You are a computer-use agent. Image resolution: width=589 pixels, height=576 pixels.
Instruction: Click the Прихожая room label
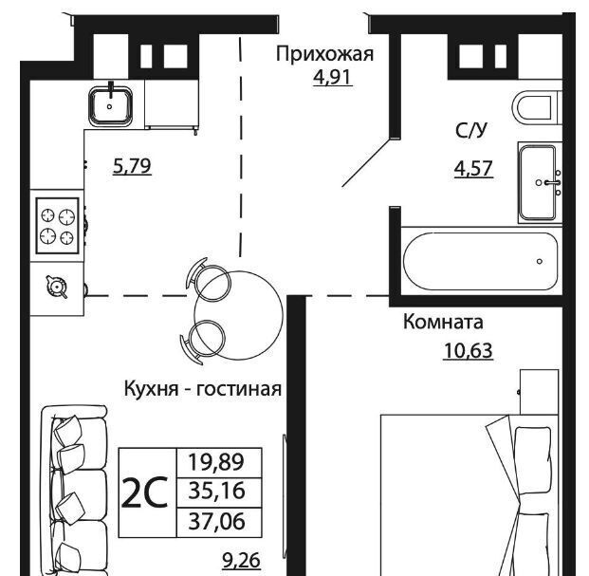[325, 55]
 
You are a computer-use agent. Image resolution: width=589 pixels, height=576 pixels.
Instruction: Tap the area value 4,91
[333, 77]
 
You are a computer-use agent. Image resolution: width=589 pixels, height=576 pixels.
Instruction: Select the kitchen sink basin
[110, 105]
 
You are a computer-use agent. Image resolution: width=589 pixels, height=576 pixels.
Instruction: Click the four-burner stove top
[58, 226]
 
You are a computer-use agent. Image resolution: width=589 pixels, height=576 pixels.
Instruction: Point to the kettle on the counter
[57, 288]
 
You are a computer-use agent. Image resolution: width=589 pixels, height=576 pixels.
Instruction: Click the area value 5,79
[132, 166]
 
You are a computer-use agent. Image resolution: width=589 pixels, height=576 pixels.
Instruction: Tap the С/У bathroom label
[471, 130]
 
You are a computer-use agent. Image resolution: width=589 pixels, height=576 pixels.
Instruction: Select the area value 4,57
[473, 168]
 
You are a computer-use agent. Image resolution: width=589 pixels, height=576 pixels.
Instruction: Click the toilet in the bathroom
[537, 108]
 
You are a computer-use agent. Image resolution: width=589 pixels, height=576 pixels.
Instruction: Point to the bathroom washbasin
[540, 182]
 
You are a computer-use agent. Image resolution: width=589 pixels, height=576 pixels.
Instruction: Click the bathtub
[481, 261]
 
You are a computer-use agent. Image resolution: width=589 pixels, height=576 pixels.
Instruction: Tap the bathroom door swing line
[367, 162]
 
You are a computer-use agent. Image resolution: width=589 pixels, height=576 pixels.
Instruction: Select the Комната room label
[443, 323]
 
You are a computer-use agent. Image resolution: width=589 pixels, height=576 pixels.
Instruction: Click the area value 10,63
[468, 351]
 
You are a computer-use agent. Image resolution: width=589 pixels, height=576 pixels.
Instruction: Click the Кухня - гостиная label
[203, 388]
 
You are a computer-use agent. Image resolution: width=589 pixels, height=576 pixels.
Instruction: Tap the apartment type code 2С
[145, 492]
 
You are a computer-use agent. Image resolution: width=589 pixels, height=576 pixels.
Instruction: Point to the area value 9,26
[242, 561]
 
